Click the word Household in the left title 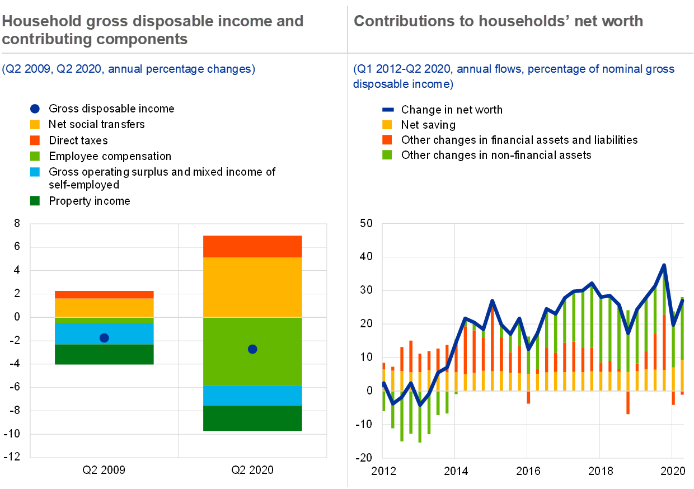pos(36,21)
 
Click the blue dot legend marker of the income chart pos(35,109)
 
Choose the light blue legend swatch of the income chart pos(35,172)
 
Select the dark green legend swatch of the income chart pos(35,201)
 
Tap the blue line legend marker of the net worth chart pos(388,110)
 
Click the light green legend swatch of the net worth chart pos(387,154)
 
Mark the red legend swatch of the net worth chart pos(387,139)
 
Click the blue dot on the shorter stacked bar pos(104,338)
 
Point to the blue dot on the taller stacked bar pos(252,349)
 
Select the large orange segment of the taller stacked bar pos(252,287)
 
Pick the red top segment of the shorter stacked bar pos(104,295)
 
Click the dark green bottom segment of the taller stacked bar pos(252,419)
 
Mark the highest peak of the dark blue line pos(664,265)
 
